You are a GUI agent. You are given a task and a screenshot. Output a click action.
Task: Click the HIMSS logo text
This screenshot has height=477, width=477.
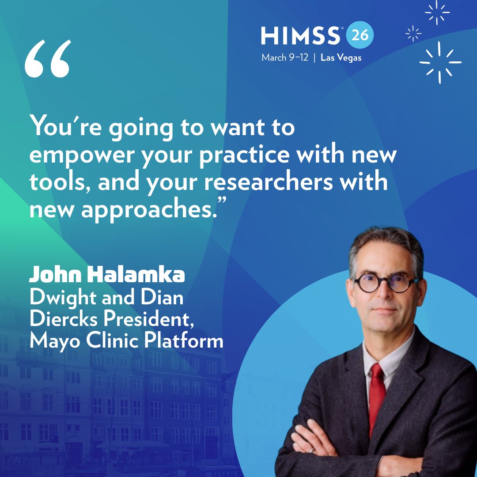click(301, 36)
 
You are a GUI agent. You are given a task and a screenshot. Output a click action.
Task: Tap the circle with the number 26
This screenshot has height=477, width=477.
click(360, 35)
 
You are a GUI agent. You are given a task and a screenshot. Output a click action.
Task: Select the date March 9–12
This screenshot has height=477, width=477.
click(284, 58)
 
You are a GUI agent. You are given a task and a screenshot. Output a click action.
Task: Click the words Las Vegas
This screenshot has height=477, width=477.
click(341, 58)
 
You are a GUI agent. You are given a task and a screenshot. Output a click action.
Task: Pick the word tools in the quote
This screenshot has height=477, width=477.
click(60, 182)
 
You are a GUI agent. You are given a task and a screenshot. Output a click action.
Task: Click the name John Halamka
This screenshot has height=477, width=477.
click(106, 275)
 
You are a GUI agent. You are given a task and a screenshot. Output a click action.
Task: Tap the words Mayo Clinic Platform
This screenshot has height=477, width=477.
click(126, 341)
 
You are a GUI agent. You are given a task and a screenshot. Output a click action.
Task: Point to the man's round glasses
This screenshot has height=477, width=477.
click(385, 283)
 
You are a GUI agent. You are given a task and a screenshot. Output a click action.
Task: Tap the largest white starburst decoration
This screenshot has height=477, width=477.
click(440, 62)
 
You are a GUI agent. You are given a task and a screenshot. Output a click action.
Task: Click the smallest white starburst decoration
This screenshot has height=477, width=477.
click(413, 33)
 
